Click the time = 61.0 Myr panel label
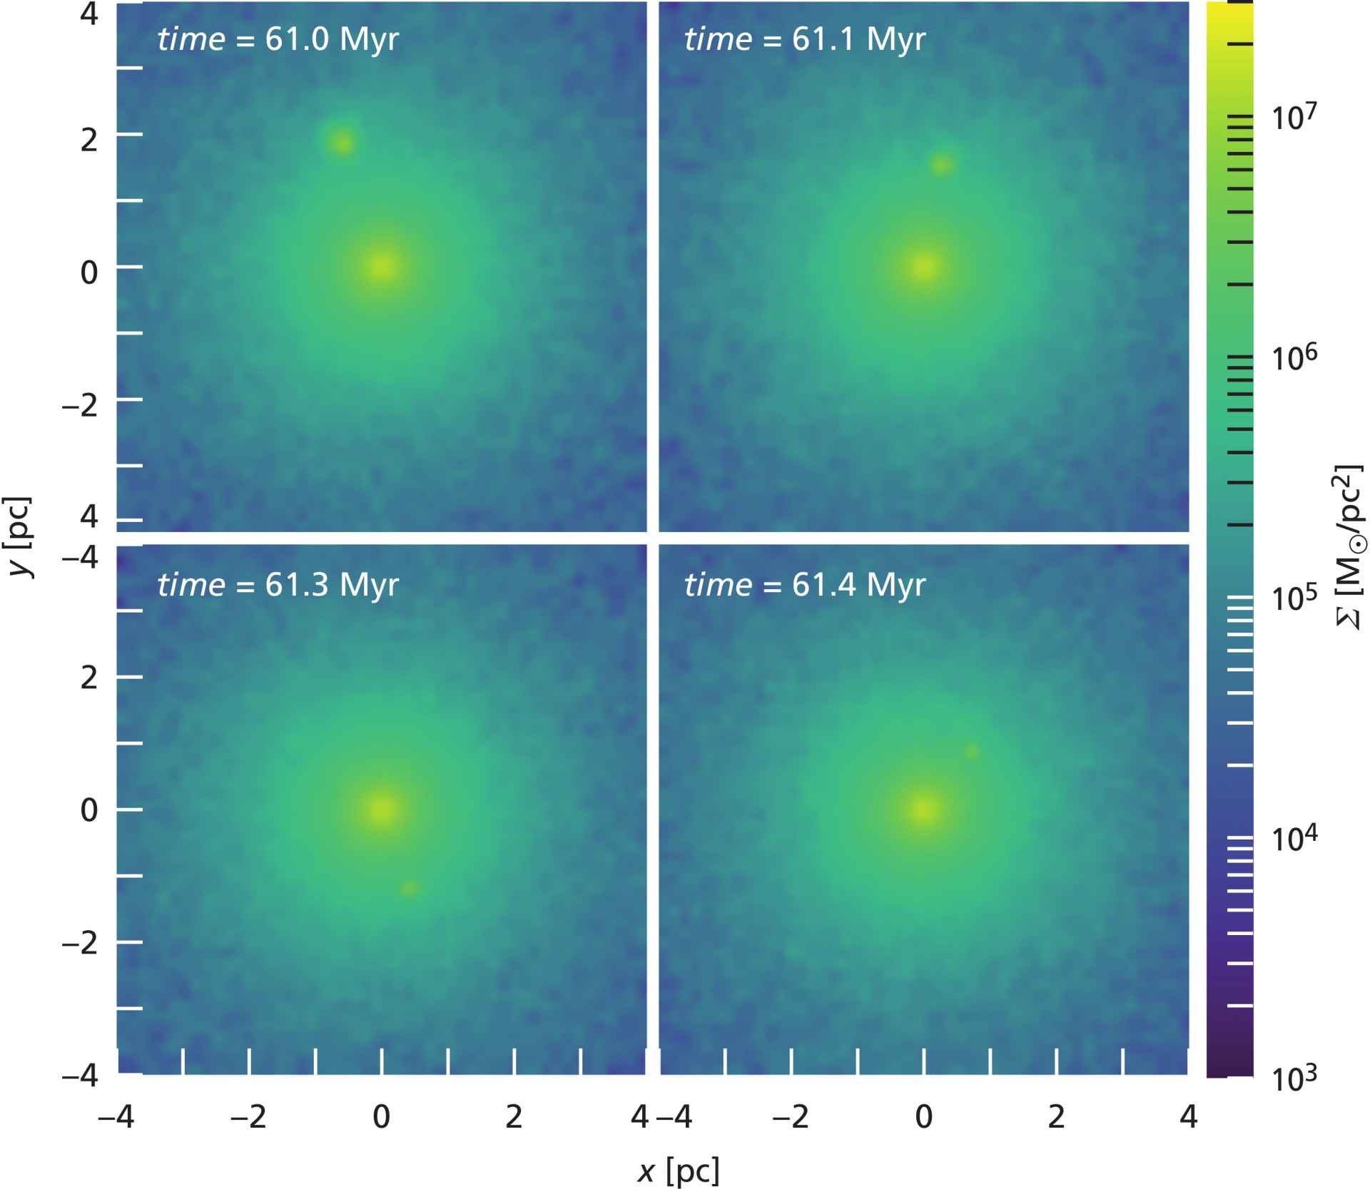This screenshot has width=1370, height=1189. click(278, 39)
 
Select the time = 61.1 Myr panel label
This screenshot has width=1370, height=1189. click(804, 39)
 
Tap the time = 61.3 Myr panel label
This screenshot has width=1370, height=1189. click(278, 585)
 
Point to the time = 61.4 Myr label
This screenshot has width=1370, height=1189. click(804, 585)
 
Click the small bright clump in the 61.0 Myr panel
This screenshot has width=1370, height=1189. click(343, 143)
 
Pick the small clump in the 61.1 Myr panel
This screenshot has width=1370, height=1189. click(941, 165)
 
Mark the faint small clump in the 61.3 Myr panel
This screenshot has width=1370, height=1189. click(409, 888)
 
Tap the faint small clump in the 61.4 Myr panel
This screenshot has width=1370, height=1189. click(971, 751)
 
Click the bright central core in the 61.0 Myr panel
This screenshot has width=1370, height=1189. click(382, 267)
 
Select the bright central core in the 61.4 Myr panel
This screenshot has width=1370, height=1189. click(923, 810)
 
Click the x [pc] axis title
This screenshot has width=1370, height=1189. click(678, 1170)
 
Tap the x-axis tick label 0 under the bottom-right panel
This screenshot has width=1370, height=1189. click(923, 1117)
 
